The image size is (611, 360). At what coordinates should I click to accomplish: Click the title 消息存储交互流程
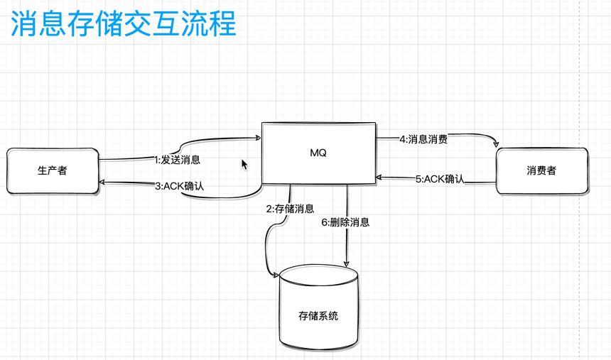[122, 23]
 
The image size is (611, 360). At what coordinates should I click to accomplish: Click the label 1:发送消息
[177, 160]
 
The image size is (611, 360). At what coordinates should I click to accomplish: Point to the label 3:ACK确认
[179, 186]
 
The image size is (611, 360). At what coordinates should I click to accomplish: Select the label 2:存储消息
[290, 209]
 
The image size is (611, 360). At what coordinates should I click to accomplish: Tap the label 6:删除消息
[345, 222]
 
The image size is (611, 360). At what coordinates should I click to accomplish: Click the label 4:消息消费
[423, 139]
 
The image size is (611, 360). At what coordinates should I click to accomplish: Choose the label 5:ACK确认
[440, 179]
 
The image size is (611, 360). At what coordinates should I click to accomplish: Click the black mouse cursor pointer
[244, 164]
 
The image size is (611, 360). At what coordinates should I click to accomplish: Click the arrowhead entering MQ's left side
[258, 138]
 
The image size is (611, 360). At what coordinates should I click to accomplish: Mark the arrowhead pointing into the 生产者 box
[102, 182]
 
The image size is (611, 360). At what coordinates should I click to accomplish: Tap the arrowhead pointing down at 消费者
[496, 144]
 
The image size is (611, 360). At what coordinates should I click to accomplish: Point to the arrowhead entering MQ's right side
[380, 178]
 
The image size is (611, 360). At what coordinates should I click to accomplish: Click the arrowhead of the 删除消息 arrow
[347, 263]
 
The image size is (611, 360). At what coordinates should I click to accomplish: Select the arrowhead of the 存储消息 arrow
[276, 274]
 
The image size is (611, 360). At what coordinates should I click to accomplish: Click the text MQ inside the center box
[318, 153]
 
